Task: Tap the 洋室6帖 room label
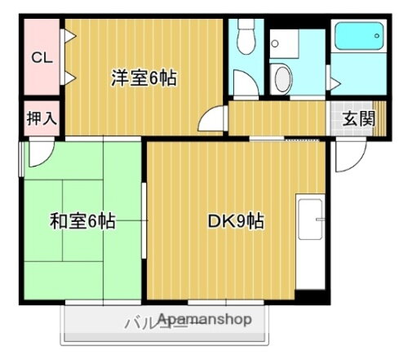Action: point(144,79)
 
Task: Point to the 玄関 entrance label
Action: point(358,119)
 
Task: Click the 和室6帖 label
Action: point(82,221)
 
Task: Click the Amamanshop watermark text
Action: point(206,318)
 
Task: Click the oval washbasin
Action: point(282,78)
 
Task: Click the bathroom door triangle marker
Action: point(333,82)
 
